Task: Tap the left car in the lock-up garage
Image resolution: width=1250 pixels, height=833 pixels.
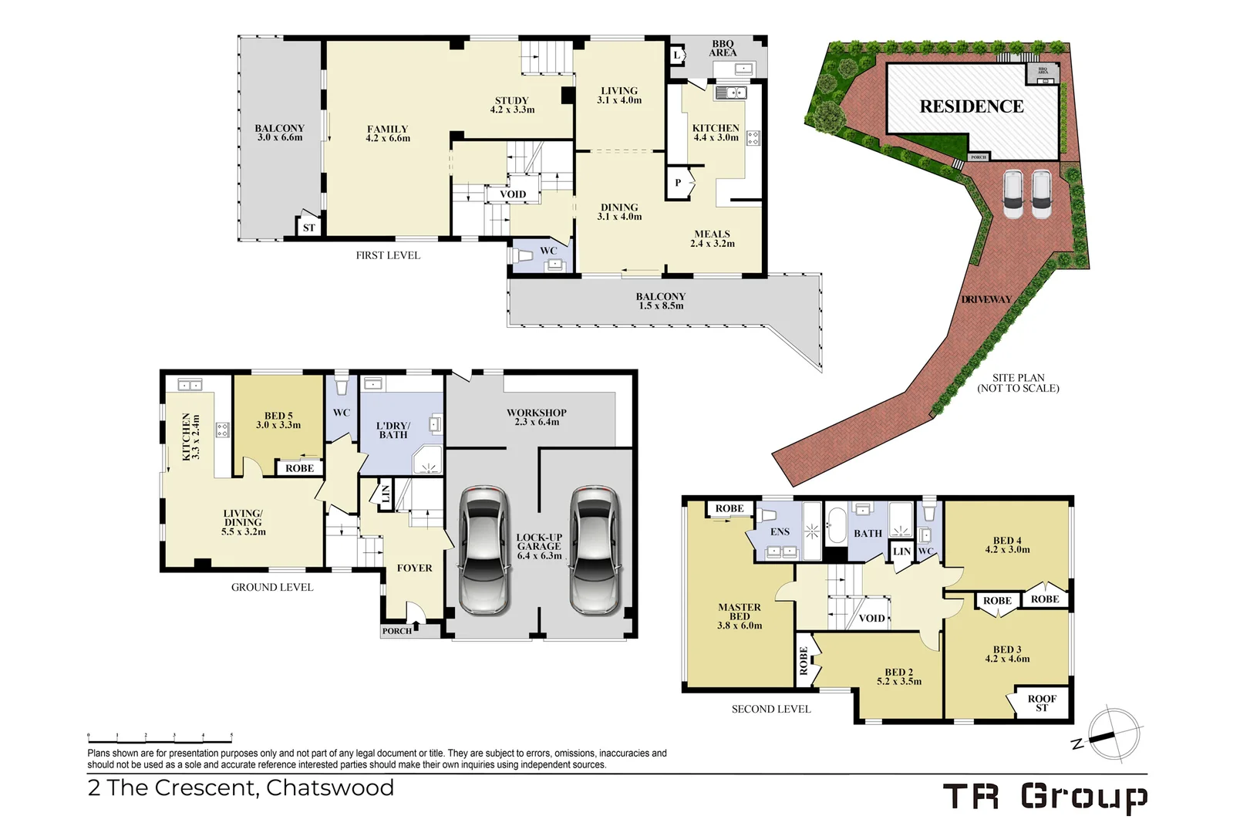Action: (484, 550)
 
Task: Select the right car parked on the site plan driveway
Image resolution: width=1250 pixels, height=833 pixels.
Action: (1042, 194)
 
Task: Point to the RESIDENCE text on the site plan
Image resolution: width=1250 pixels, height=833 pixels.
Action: (972, 106)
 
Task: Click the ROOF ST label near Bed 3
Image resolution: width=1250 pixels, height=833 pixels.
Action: (1042, 703)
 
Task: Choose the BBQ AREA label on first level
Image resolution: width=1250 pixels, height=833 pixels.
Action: (723, 48)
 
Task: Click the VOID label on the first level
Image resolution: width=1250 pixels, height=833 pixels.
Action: (513, 194)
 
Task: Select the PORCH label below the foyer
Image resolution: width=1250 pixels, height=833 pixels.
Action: (397, 631)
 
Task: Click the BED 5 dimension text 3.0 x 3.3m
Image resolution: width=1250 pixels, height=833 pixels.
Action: (278, 425)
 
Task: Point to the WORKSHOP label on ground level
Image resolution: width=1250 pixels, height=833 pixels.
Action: (537, 413)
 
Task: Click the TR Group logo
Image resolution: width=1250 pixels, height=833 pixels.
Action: (1045, 797)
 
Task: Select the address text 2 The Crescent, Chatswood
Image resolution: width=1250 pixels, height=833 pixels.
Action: (241, 787)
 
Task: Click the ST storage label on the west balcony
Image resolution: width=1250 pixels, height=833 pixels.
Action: (309, 228)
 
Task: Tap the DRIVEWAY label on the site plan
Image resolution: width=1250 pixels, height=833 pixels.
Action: (986, 299)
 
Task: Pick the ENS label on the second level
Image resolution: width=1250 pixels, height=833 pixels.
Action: (780, 531)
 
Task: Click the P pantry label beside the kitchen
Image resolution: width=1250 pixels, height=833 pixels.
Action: (678, 183)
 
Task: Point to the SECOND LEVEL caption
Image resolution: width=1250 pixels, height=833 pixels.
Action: (771, 709)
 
